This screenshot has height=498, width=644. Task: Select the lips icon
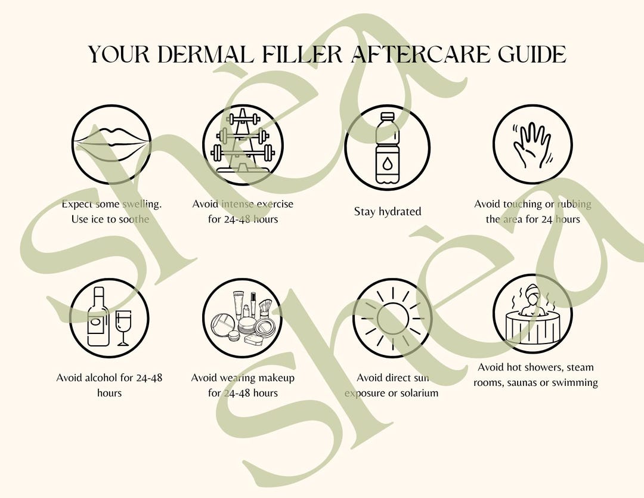click(112, 144)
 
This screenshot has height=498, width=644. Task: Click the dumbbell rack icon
click(243, 144)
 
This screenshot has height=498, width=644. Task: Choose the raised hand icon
click(532, 145)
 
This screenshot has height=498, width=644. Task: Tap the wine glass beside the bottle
click(123, 326)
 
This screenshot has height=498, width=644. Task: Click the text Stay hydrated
click(388, 212)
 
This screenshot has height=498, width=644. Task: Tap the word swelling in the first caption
click(142, 204)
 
